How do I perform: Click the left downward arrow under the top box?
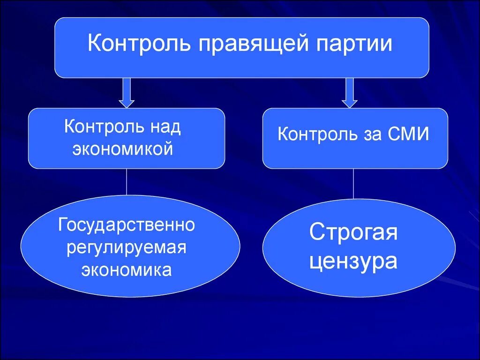(x=127, y=92)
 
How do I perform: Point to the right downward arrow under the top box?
(x=349, y=92)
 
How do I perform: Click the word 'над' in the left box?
(x=165, y=127)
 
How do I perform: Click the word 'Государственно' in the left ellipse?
(x=127, y=225)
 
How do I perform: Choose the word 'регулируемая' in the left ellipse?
(x=127, y=247)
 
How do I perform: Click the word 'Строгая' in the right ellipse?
(x=353, y=232)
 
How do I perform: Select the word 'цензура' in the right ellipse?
(x=353, y=261)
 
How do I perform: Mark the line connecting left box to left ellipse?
(x=127, y=182)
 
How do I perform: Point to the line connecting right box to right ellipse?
(x=353, y=184)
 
